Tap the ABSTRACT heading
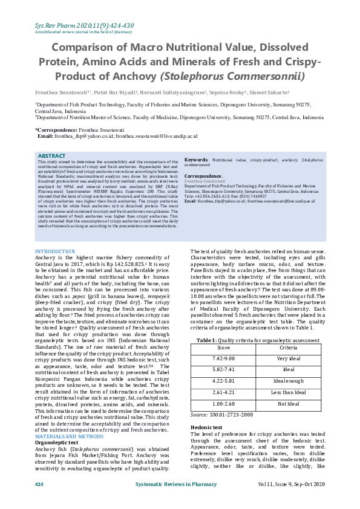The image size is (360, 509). (x=51, y=156)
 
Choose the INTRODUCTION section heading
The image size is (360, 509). (x=54, y=251)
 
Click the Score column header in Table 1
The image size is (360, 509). (x=223, y=348)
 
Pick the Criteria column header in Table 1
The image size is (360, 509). (x=288, y=348)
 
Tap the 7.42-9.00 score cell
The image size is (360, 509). (x=223, y=359)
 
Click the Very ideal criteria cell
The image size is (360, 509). (x=288, y=359)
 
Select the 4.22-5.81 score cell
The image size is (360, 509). (x=223, y=382)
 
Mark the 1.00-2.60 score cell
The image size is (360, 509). (x=223, y=404)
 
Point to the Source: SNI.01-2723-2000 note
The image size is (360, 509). (x=221, y=415)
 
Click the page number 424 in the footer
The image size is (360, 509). (x=39, y=485)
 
